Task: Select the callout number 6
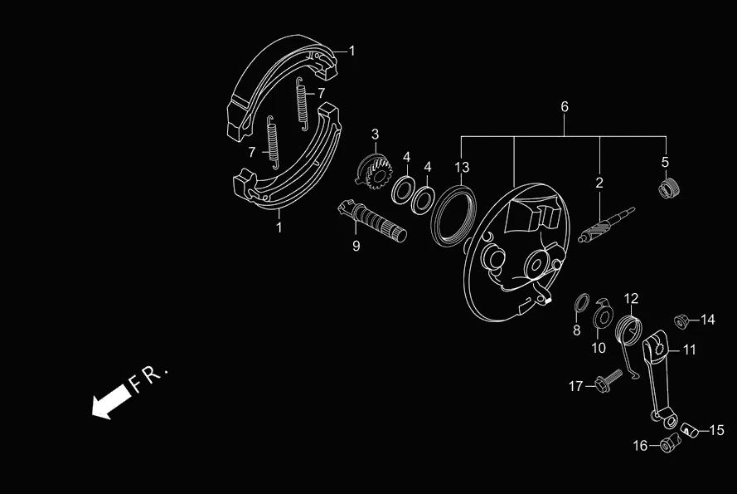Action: pyautogui.click(x=565, y=107)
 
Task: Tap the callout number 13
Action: pyautogui.click(x=462, y=167)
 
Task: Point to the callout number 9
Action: pyautogui.click(x=356, y=246)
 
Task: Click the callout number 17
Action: pyautogui.click(x=575, y=386)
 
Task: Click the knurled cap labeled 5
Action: pyautogui.click(x=668, y=189)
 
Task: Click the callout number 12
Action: pyautogui.click(x=631, y=298)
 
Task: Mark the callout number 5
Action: pyautogui.click(x=665, y=161)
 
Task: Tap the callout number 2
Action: pyautogui.click(x=599, y=182)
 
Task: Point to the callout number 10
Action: pyautogui.click(x=599, y=348)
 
